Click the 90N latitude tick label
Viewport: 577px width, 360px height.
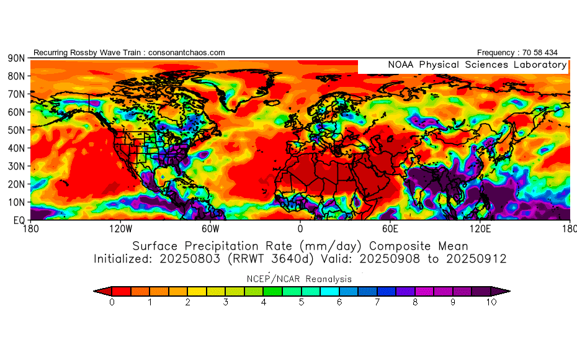(x=16, y=58)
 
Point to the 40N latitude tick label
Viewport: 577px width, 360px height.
(x=16, y=148)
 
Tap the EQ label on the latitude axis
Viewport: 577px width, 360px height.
(x=18, y=220)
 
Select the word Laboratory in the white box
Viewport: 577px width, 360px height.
(x=537, y=65)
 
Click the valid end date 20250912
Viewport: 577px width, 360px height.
(x=478, y=258)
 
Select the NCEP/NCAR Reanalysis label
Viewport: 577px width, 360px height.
(x=300, y=279)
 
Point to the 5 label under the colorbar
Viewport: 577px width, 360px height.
(x=302, y=302)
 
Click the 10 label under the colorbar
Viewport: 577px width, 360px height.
(x=491, y=302)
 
